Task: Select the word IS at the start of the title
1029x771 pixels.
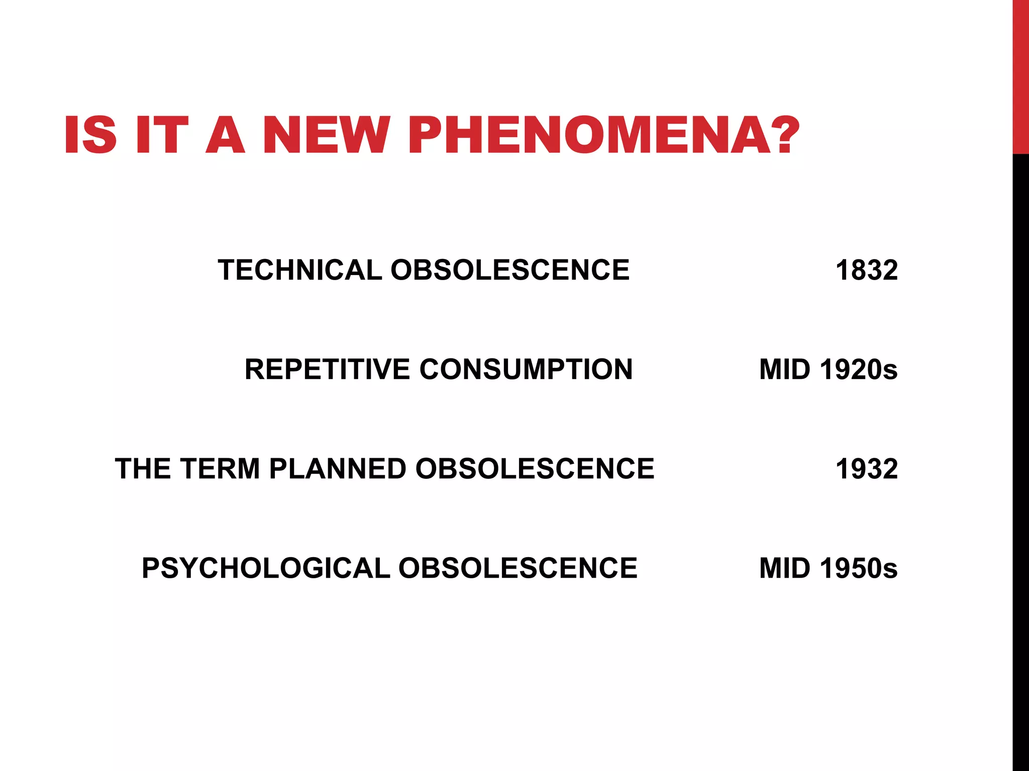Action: point(90,136)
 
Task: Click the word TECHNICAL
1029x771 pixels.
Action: point(300,270)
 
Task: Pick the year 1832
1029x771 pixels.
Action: point(866,270)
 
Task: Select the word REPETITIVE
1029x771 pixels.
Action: point(327,369)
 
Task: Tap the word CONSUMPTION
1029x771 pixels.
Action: point(526,369)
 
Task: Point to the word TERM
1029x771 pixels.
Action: point(220,469)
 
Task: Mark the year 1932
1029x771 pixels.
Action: point(866,469)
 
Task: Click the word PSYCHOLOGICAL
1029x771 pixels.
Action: point(266,568)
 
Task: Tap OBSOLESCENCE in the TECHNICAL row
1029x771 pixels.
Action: point(510,270)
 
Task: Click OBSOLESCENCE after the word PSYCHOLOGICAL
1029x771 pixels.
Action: point(518,568)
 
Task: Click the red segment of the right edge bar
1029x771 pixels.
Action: point(1020,75)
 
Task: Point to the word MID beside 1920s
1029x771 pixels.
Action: point(785,369)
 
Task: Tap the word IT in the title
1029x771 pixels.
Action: point(161,136)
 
